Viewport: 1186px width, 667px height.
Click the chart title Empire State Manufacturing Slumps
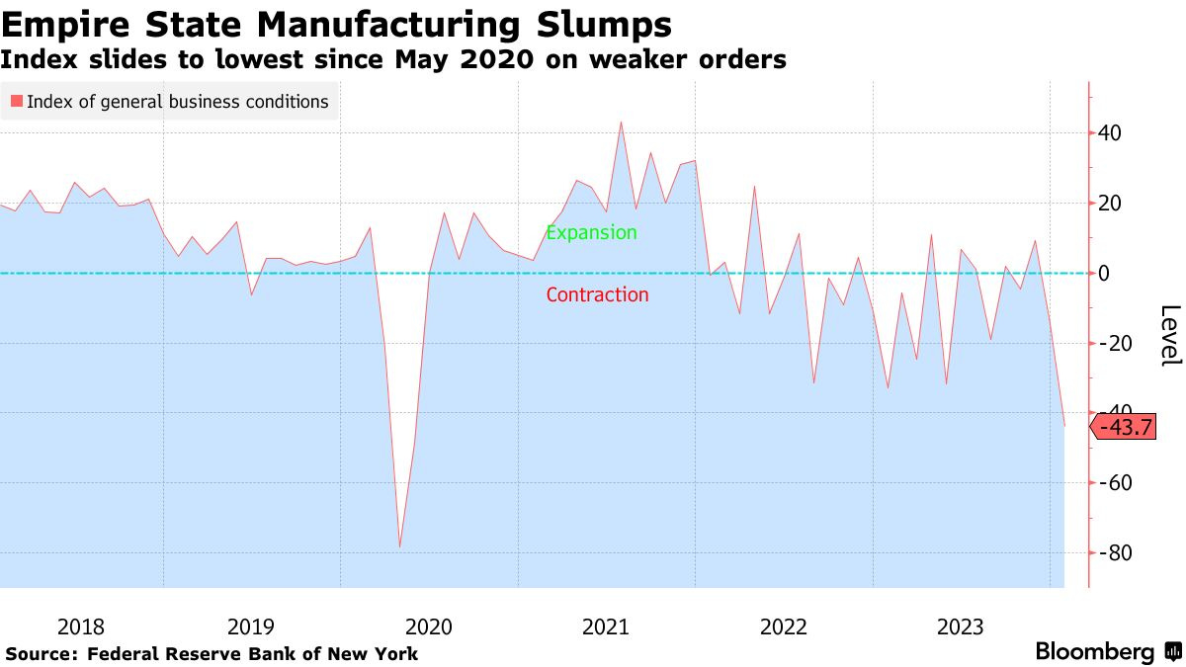tap(337, 23)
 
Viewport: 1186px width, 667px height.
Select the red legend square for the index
tap(16, 102)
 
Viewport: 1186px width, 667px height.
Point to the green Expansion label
tap(591, 233)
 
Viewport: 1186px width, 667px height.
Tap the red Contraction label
tap(597, 294)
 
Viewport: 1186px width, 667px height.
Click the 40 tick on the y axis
tap(1112, 133)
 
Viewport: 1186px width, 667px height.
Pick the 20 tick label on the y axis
tap(1112, 204)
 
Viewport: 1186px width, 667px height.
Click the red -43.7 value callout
tap(1124, 427)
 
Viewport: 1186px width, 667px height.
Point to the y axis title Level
tap(1169, 336)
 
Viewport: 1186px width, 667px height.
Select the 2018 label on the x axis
tap(81, 626)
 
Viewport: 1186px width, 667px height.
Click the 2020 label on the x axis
tap(428, 626)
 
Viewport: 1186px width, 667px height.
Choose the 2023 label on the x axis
tap(959, 626)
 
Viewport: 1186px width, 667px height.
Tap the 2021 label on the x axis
tap(605, 626)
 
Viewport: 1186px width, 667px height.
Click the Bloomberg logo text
tap(1094, 652)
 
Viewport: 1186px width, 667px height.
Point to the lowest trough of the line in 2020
tap(399, 546)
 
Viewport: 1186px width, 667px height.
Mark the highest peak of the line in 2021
tap(621, 123)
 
